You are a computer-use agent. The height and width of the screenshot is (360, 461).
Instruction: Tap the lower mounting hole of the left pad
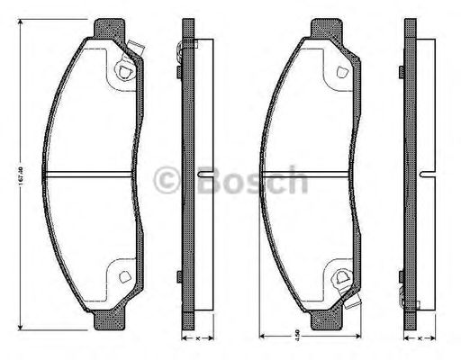[122, 274]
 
